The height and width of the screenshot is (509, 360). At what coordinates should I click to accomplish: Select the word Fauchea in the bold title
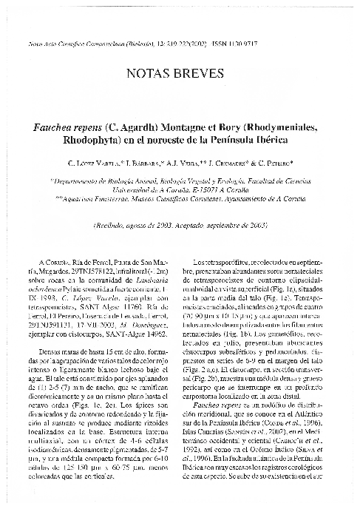click(x=73, y=128)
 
